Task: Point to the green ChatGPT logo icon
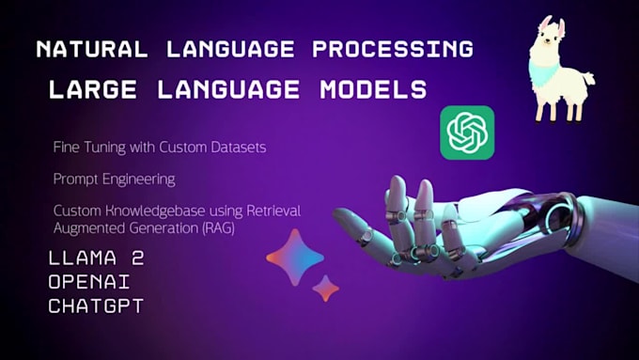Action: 467,133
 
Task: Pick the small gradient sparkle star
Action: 325,288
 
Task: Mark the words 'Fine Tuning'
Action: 83,148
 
